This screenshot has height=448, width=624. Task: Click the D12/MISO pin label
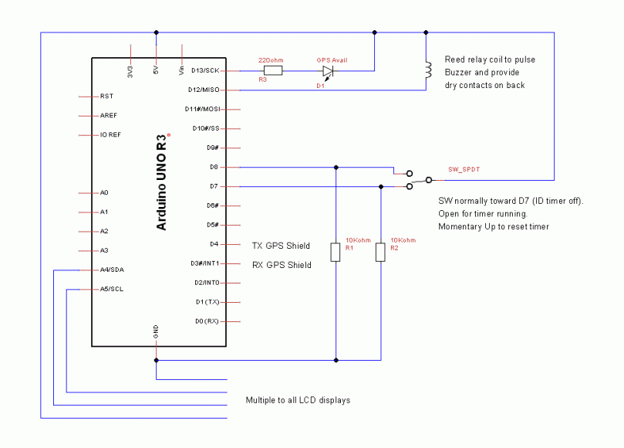point(206,90)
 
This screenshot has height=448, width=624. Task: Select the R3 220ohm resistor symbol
point(273,70)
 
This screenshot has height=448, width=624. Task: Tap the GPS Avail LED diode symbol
point(328,71)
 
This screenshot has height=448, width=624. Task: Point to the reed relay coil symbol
point(426,71)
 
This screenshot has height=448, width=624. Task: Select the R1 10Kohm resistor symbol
point(336,252)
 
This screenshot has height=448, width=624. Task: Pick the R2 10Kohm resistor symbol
point(380,253)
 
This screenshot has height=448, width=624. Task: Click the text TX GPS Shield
point(281,246)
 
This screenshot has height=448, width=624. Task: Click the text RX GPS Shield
point(282,265)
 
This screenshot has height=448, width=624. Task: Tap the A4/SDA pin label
point(112,270)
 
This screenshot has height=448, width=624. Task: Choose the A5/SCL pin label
point(112,289)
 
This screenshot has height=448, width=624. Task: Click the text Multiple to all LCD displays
point(298,400)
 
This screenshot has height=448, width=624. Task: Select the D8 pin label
point(214,167)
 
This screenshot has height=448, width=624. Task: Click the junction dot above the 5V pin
point(157,32)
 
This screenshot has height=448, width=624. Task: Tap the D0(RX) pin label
point(207,321)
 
